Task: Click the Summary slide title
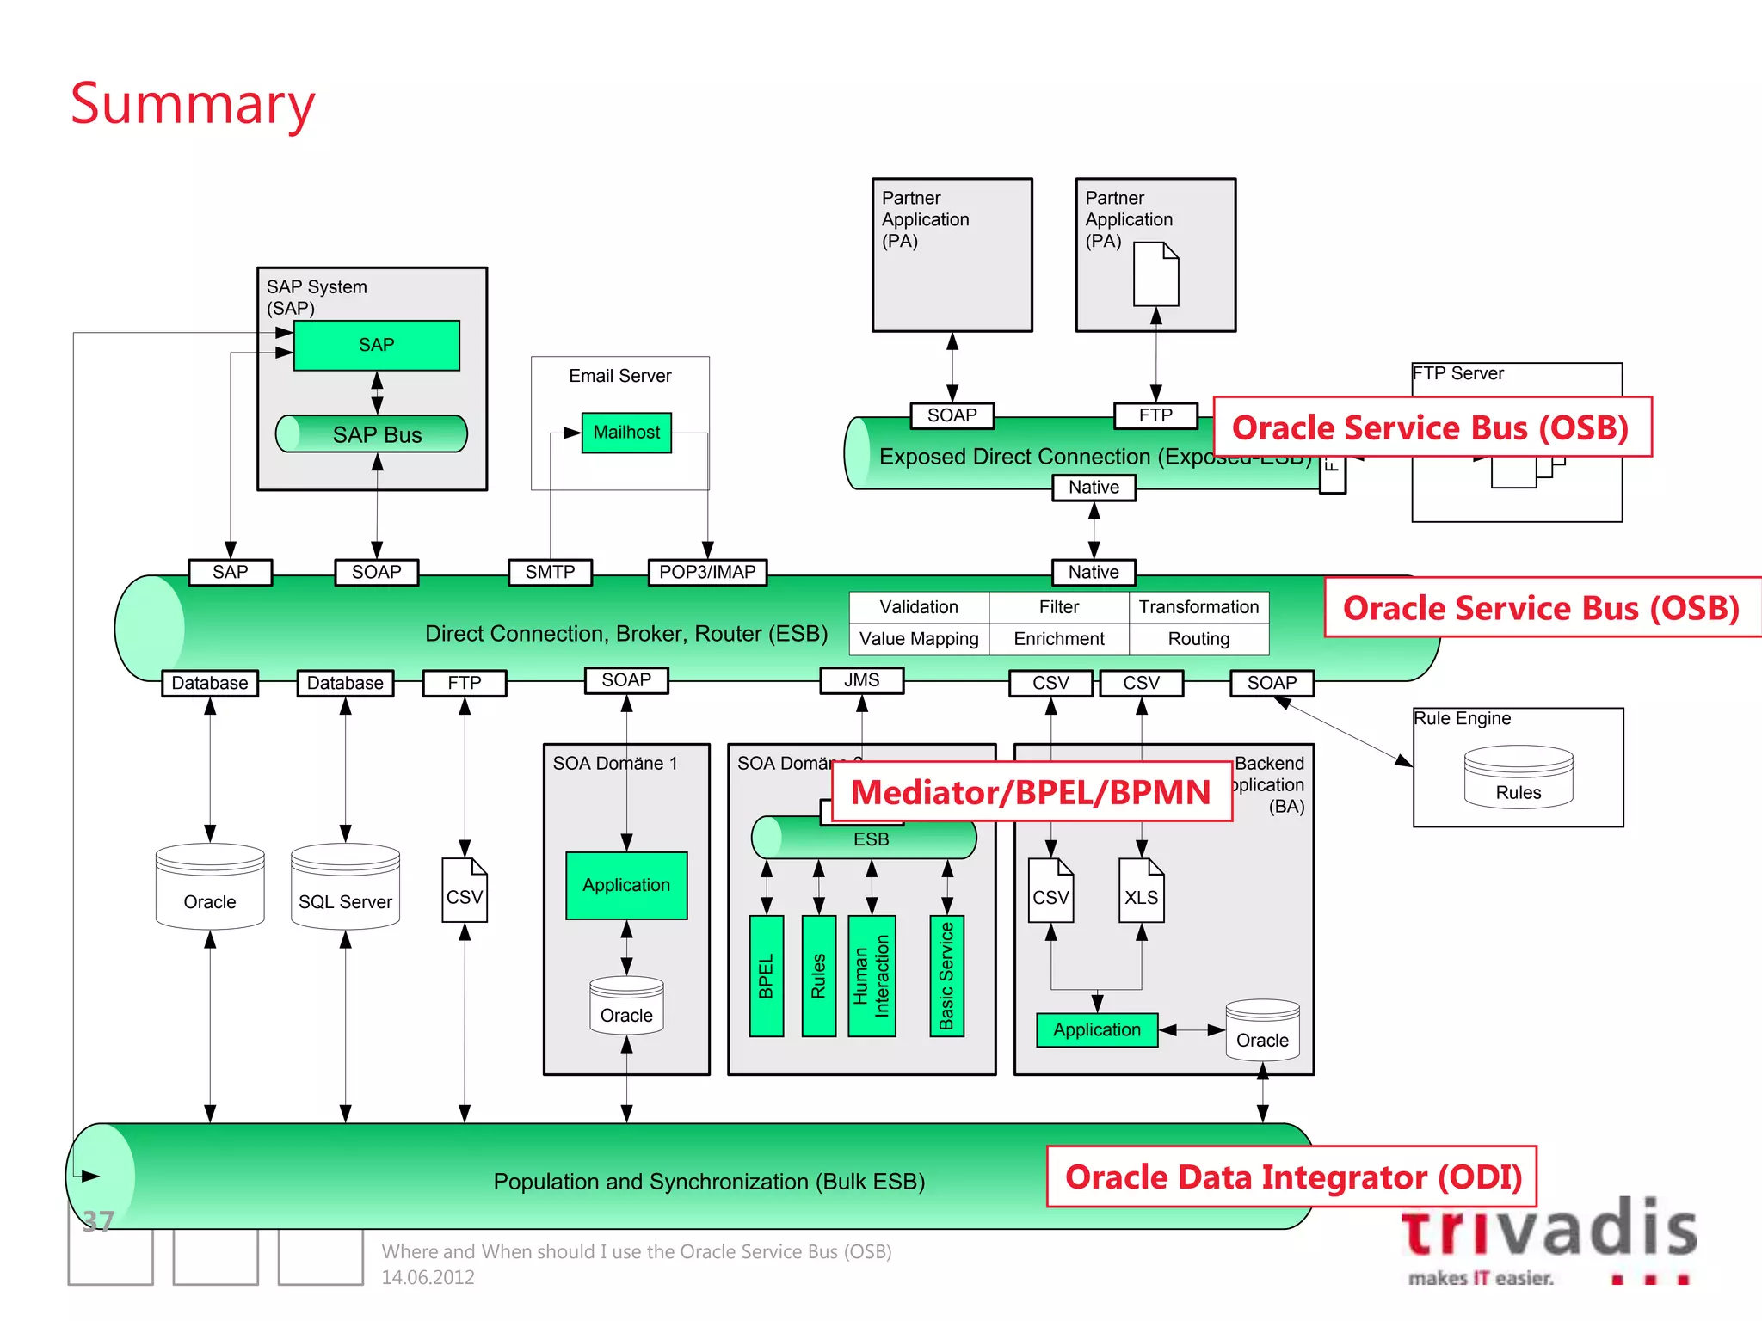pos(193,104)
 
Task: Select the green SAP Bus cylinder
pos(372,434)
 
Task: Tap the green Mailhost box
pos(626,433)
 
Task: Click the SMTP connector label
pos(550,572)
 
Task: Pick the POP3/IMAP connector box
pos(707,572)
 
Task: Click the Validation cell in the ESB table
pos(919,607)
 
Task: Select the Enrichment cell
pos(1058,639)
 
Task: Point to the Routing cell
pos(1198,639)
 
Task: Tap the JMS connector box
pos(861,680)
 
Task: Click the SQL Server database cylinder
pos(345,888)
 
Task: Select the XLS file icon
pos(1141,891)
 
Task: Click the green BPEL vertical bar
pos(767,975)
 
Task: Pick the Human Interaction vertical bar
pos(872,975)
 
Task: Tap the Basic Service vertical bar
pos(946,975)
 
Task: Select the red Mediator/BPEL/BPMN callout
pos(1031,792)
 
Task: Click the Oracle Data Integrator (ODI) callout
pos(1292,1177)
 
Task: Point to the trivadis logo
pos(1549,1238)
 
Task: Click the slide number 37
pos(98,1221)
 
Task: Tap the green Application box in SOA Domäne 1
pos(626,885)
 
